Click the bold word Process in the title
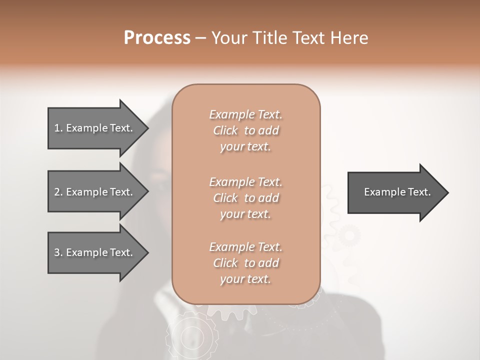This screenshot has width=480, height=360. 157,38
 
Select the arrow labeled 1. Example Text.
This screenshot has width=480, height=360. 95,128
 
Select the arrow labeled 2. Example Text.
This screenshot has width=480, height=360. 95,192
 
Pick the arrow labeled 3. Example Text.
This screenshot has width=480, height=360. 95,252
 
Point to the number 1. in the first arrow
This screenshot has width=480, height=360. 58,128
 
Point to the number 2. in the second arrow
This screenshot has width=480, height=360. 58,192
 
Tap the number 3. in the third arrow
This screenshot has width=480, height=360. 58,252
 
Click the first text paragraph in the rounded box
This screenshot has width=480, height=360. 245,130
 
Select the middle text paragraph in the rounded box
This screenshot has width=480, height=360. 245,198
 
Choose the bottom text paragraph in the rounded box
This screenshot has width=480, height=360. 245,263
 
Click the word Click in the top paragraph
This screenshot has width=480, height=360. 225,130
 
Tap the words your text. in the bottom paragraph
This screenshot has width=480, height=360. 245,279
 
